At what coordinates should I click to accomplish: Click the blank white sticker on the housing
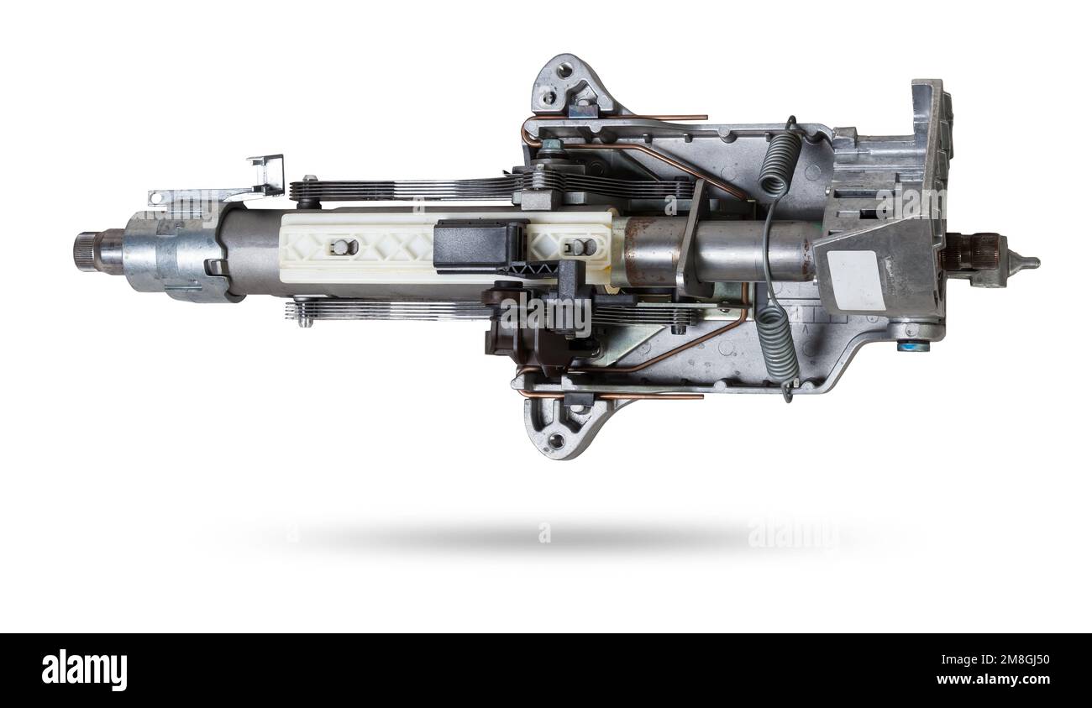[855, 280]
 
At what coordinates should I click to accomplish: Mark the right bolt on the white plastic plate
[579, 247]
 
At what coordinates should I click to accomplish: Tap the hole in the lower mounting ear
[556, 439]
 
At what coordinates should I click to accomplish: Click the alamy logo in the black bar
[84, 669]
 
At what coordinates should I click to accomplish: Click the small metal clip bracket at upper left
[268, 175]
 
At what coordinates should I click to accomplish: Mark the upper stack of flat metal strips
[403, 187]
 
